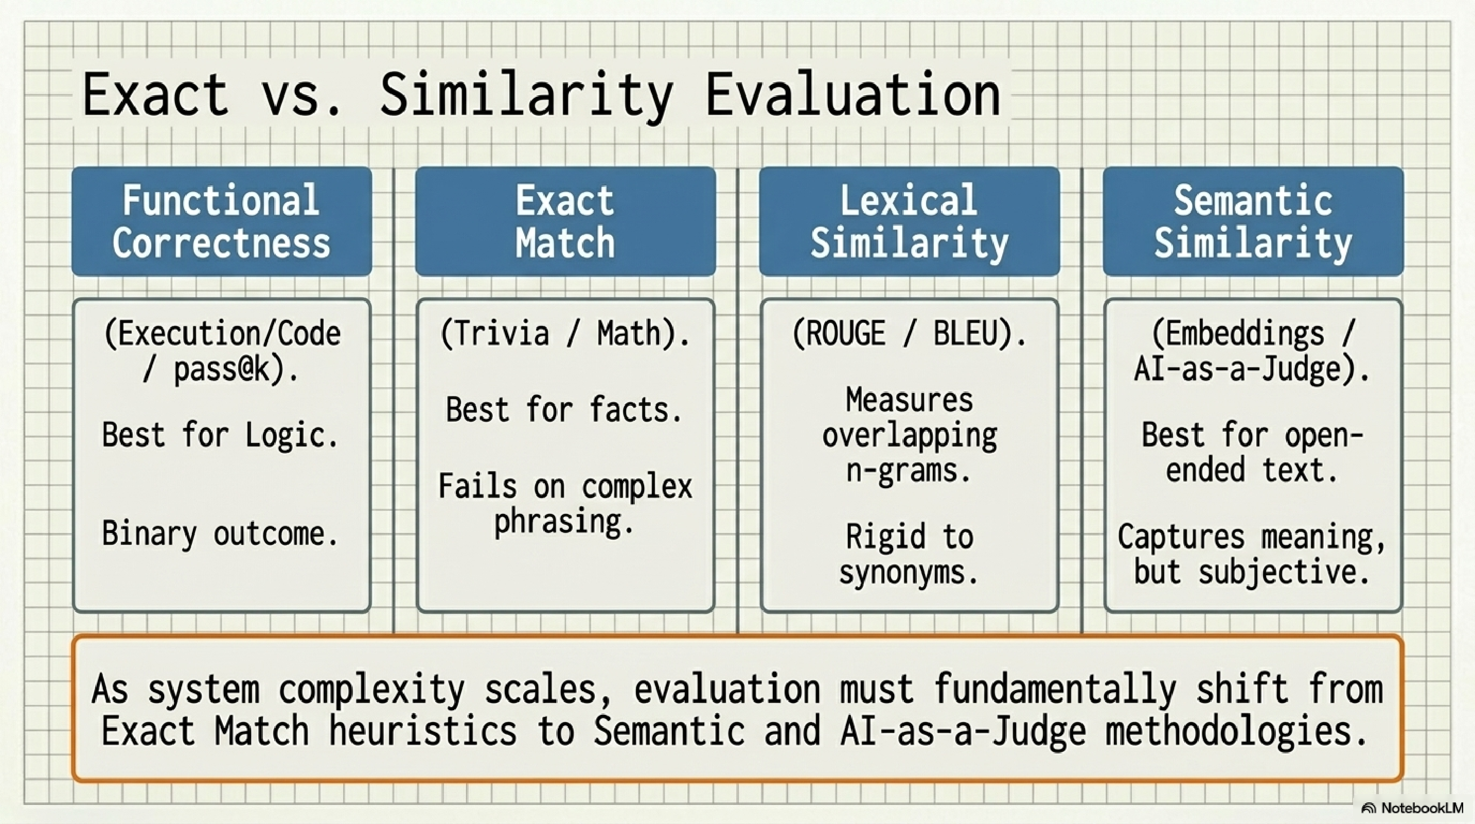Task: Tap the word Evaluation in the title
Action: [853, 95]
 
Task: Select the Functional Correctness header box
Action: [222, 221]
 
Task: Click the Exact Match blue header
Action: [565, 221]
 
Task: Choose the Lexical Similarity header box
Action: [909, 221]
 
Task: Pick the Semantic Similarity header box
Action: [1253, 221]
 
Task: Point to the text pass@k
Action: [229, 370]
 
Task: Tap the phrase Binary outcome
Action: [220, 534]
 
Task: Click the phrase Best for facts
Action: [564, 410]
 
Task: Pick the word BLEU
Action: [970, 334]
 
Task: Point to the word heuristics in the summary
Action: [422, 731]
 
